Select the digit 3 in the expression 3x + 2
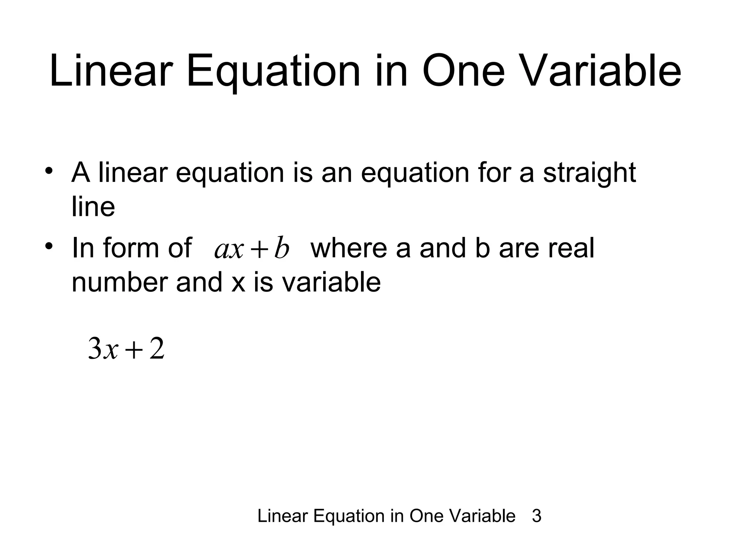95,349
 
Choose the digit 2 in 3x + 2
157,349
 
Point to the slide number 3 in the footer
536,516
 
